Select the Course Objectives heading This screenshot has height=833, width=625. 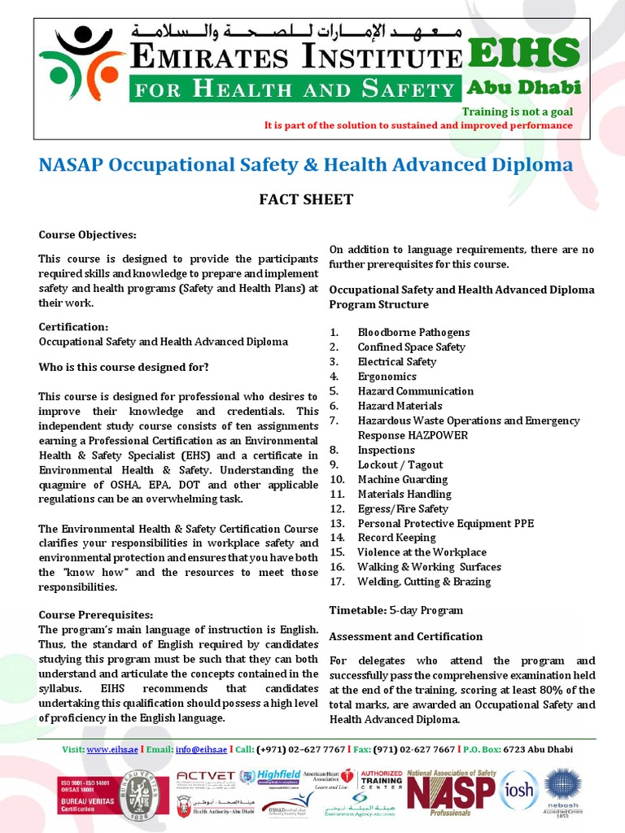coord(87,235)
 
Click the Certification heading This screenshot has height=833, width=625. coord(74,327)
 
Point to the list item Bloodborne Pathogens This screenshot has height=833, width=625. coord(413,332)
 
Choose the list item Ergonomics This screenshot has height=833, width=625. coord(387,376)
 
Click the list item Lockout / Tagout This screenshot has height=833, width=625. coord(400,464)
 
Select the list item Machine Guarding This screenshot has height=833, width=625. coord(403,479)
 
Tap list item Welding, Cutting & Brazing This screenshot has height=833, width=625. coord(424,582)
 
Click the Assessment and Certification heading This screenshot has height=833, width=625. coord(405,636)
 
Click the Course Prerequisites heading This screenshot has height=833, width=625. coord(95,614)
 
